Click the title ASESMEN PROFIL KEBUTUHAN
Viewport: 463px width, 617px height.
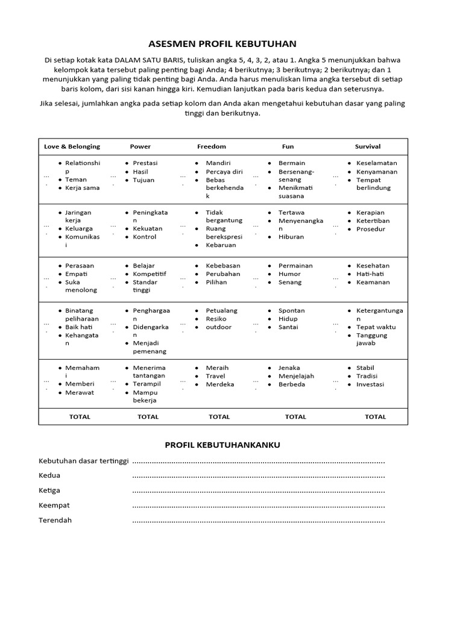pos(222,44)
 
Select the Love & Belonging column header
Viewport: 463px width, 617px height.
pos(72,146)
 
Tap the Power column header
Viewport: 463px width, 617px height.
pos(140,146)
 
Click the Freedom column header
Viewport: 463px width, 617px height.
pos(212,146)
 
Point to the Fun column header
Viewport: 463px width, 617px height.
pos(288,146)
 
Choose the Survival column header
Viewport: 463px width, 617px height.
pos(368,146)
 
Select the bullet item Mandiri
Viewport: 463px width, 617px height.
pos(218,163)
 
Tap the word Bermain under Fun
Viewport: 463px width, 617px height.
pos(292,163)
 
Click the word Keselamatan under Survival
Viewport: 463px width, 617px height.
pos(377,163)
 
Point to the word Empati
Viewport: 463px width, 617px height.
pos(76,274)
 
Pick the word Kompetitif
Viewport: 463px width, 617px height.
pos(150,274)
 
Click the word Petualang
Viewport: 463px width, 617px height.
pos(222,310)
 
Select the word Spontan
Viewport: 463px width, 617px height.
pos(291,310)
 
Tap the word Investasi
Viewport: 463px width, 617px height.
pos(370,384)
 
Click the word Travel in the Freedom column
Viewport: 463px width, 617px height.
pos(215,376)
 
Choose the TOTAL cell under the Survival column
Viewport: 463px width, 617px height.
pos(376,416)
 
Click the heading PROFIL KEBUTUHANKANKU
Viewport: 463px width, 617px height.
pos(222,445)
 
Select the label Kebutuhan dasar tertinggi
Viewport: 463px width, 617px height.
pos(84,462)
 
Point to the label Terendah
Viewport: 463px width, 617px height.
pos(55,520)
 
